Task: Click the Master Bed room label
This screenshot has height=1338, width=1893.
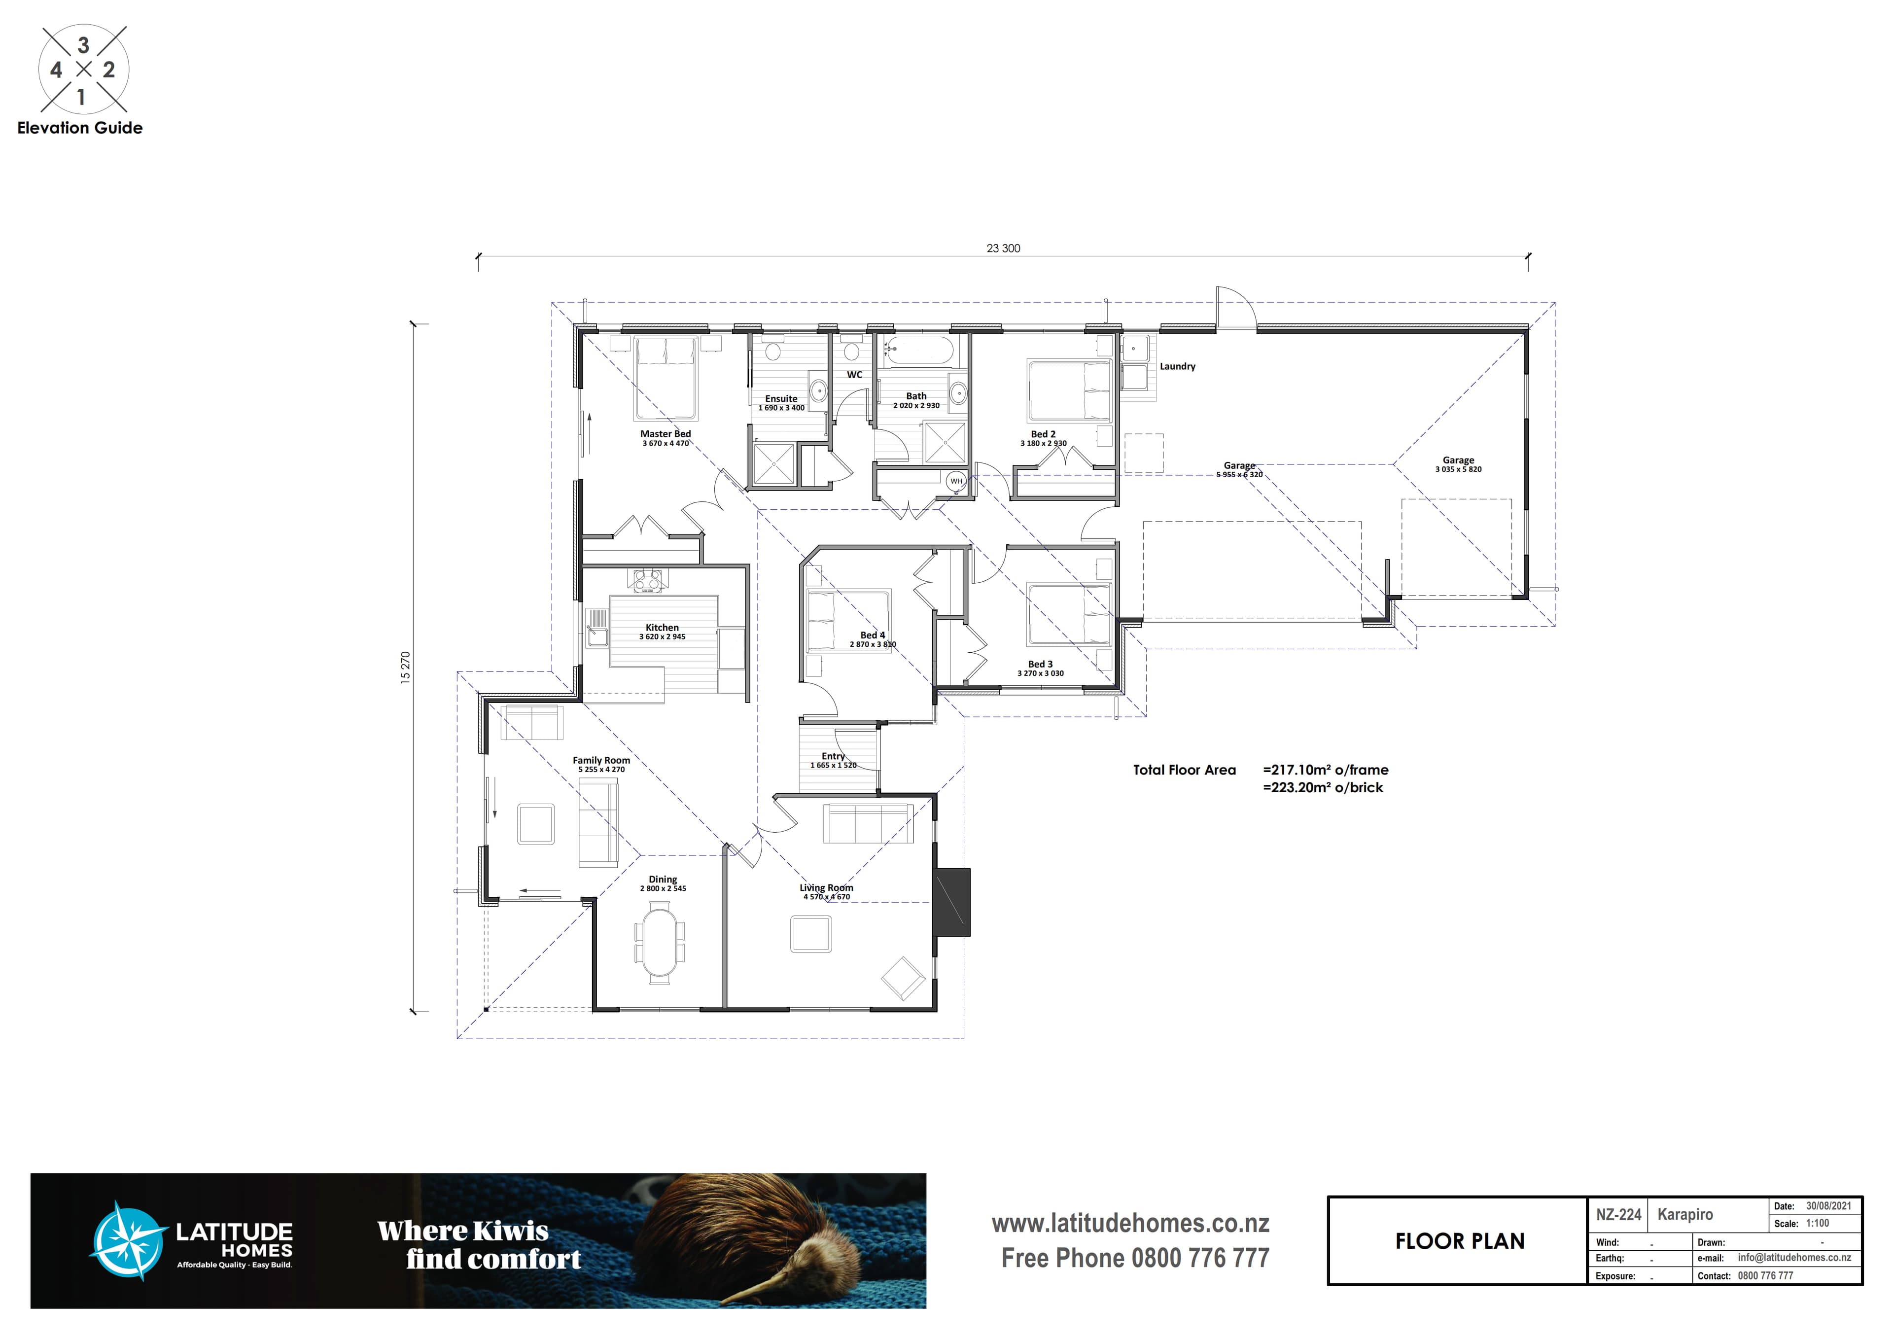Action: coord(666,434)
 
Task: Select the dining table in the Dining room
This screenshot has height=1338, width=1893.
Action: coord(660,942)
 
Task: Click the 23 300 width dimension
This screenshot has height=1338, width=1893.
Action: coord(1003,248)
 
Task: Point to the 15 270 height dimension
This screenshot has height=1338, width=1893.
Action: coord(405,667)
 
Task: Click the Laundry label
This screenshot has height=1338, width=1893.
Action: coord(1177,366)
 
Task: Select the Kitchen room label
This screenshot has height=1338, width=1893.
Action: coord(662,628)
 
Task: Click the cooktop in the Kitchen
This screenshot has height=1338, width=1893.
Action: coord(647,580)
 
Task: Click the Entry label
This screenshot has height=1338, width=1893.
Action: coord(833,756)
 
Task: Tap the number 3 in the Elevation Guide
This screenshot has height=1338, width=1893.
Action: coord(83,45)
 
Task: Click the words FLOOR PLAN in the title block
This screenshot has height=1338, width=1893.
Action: coord(1459,1241)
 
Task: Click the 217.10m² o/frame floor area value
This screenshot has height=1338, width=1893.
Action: coord(1326,770)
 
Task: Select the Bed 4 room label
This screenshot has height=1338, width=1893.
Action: coord(872,635)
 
